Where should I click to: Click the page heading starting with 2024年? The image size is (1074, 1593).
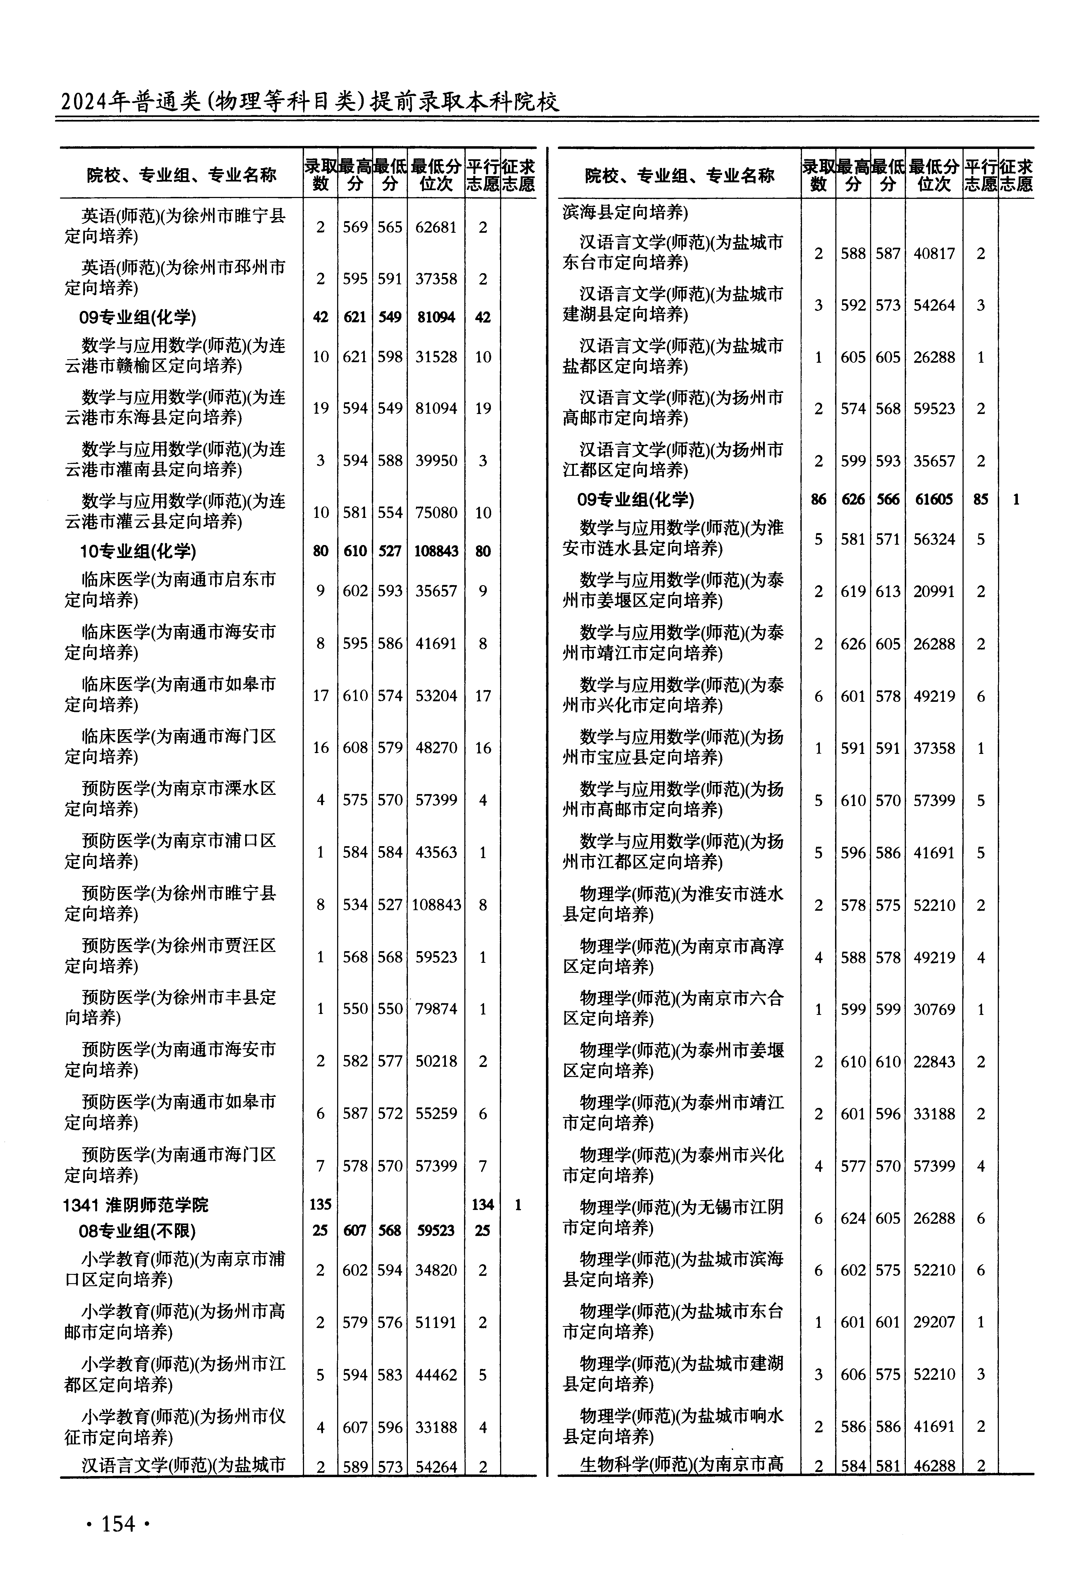(x=310, y=102)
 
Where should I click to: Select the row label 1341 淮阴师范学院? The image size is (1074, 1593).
(x=135, y=1205)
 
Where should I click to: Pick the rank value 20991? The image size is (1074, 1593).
(x=934, y=591)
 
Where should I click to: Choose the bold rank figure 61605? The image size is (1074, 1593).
(x=934, y=499)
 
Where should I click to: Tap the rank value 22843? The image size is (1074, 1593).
(x=934, y=1061)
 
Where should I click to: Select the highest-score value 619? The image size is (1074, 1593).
(x=853, y=591)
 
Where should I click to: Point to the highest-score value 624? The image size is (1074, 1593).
(x=853, y=1218)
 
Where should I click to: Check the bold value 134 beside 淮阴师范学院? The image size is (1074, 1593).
(x=483, y=1205)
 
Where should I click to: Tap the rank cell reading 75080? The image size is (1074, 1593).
(x=436, y=512)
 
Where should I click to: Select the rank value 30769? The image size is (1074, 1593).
(x=934, y=1009)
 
